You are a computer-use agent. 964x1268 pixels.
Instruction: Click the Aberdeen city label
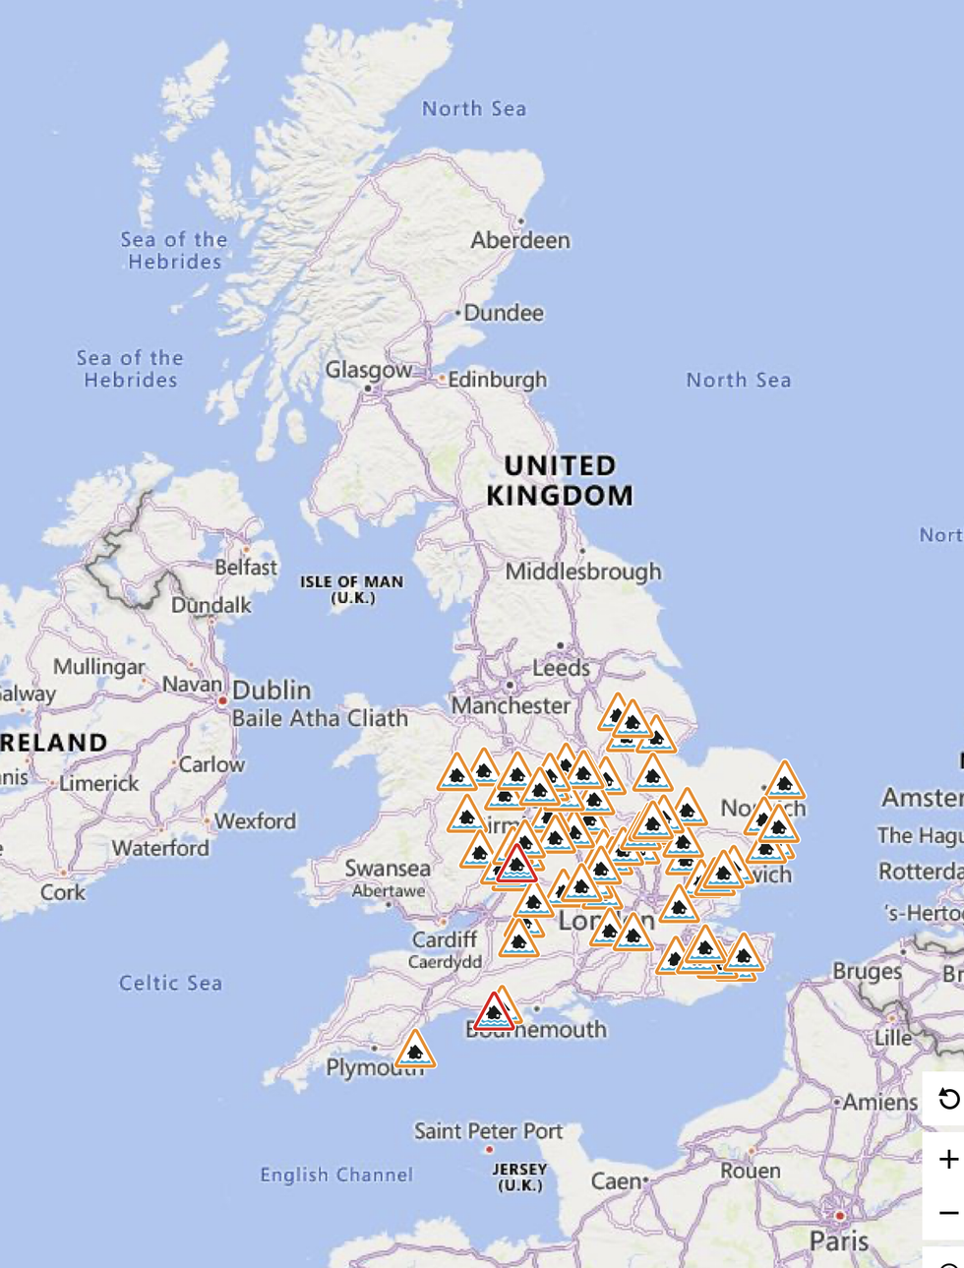(x=520, y=240)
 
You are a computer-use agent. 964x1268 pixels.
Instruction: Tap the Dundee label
(x=503, y=313)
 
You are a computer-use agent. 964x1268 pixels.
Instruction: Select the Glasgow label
(x=369, y=371)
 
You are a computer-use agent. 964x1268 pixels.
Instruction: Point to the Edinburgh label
(x=497, y=380)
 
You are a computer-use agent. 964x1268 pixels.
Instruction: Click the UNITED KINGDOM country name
(x=560, y=480)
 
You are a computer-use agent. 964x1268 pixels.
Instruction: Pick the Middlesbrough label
(x=583, y=572)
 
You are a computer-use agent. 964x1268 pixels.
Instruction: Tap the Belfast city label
(x=246, y=568)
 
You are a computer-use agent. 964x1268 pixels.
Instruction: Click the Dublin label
(x=271, y=690)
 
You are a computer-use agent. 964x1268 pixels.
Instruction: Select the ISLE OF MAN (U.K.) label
(x=352, y=589)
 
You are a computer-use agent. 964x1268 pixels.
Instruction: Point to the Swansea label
(x=388, y=869)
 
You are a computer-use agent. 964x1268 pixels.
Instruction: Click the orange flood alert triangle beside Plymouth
(x=415, y=1052)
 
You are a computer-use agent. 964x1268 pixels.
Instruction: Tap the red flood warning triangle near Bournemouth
(x=494, y=1012)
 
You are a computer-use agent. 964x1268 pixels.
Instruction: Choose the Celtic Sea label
(x=170, y=983)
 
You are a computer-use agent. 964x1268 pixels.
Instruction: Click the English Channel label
(x=336, y=1175)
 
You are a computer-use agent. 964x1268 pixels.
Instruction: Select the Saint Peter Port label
(x=488, y=1131)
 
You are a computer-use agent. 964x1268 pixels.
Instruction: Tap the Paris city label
(x=839, y=1241)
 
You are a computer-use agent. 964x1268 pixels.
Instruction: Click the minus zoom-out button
(x=948, y=1213)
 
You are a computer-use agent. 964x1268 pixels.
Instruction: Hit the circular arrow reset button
(x=948, y=1098)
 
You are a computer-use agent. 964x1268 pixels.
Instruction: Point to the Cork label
(x=63, y=892)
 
